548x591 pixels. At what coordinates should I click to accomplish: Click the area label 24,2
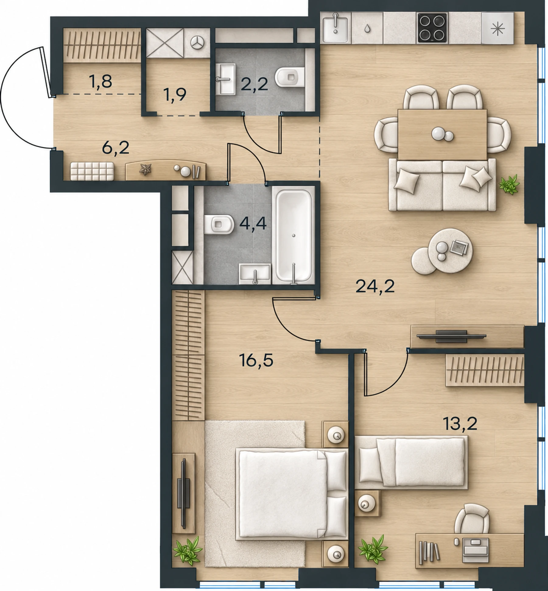click(x=375, y=286)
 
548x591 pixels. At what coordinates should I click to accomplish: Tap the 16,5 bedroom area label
click(x=256, y=361)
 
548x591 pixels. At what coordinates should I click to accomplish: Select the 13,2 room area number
click(x=460, y=424)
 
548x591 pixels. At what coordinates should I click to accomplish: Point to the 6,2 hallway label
click(x=116, y=148)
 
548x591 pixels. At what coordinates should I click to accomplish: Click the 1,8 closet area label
click(x=100, y=82)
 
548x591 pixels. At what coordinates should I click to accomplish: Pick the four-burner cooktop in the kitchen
click(x=432, y=28)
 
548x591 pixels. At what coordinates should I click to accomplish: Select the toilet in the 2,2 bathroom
click(x=289, y=77)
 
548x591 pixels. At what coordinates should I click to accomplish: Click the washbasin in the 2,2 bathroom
click(x=226, y=79)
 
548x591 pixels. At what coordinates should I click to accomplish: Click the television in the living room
click(x=451, y=336)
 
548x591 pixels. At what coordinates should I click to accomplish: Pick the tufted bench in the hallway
click(x=92, y=171)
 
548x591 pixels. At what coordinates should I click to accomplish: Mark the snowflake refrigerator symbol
click(x=498, y=28)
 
